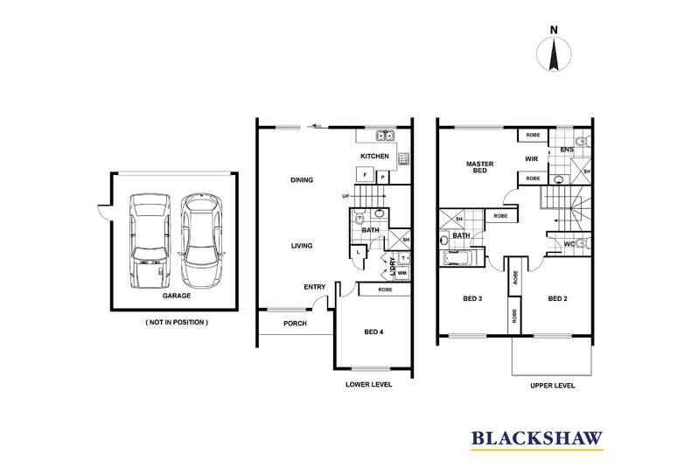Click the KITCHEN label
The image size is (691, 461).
[375, 157]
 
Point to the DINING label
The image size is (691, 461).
[302, 180]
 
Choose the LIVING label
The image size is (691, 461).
[303, 246]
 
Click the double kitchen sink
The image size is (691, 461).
[384, 135]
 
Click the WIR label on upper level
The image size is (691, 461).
[531, 159]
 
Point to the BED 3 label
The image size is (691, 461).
[473, 299]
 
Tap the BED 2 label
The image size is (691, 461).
[558, 299]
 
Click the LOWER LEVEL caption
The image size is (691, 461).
[369, 384]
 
